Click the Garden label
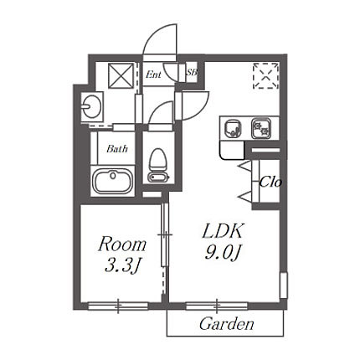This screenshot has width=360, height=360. pyautogui.click(x=227, y=324)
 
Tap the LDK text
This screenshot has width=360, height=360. pyautogui.click(x=223, y=231)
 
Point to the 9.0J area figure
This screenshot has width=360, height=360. pyautogui.click(x=223, y=253)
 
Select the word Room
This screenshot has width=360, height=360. pyautogui.click(x=122, y=244)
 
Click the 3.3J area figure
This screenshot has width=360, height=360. pyautogui.click(x=121, y=265)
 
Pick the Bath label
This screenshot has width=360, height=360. pyautogui.click(x=117, y=149)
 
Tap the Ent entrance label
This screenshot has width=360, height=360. pyautogui.click(x=153, y=75)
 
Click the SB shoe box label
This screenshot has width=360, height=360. pyautogui.click(x=192, y=72)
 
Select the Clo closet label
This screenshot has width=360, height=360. pyautogui.click(x=270, y=183)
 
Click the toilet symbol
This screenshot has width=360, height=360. pyautogui.click(x=158, y=165)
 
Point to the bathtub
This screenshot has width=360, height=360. pyautogui.click(x=113, y=181)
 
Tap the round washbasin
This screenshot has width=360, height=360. pyautogui.click(x=91, y=107)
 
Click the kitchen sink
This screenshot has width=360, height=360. pyautogui.click(x=231, y=129)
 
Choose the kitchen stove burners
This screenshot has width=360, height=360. pyautogui.click(x=261, y=128)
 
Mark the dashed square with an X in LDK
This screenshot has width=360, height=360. pyautogui.click(x=265, y=75)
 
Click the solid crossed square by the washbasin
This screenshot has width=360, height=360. pyautogui.click(x=121, y=75)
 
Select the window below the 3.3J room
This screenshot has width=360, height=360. pyautogui.click(x=118, y=306)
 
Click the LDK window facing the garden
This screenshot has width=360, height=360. pyautogui.click(x=217, y=306)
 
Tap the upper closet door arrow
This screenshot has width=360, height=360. pyautogui.click(x=244, y=166)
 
